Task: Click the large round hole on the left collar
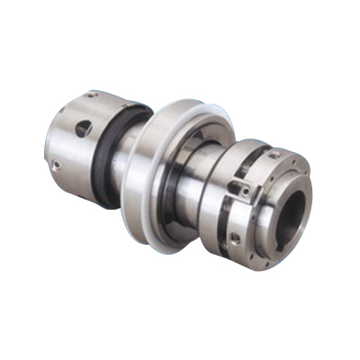click(82, 130)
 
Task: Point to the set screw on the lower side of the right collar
click(236, 238)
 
